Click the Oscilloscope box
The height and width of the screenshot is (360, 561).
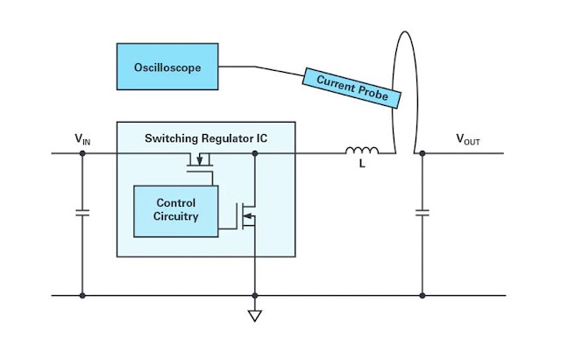[167, 67]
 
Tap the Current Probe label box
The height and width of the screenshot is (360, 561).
[352, 88]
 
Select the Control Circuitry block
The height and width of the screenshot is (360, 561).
[175, 211]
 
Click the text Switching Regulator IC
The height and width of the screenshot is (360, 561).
[206, 138]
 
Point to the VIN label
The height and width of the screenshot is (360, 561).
[82, 138]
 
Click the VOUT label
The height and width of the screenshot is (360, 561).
[467, 139]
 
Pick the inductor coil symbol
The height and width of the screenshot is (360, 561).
[362, 150]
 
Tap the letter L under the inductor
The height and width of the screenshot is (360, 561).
[362, 164]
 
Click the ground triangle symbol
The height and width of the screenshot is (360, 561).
[255, 315]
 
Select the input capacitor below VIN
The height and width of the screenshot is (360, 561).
[82, 213]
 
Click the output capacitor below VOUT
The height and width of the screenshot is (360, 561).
[423, 213]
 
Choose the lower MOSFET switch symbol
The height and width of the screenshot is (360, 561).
[245, 216]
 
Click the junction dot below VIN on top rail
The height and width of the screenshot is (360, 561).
[82, 153]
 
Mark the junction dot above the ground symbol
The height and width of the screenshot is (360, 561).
[255, 296]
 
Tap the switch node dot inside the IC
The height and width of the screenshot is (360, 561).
[255, 153]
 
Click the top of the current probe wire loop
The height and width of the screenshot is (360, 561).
[405, 32]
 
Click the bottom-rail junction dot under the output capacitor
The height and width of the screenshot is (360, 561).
[423, 296]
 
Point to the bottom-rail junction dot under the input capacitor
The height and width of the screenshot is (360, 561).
[82, 296]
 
